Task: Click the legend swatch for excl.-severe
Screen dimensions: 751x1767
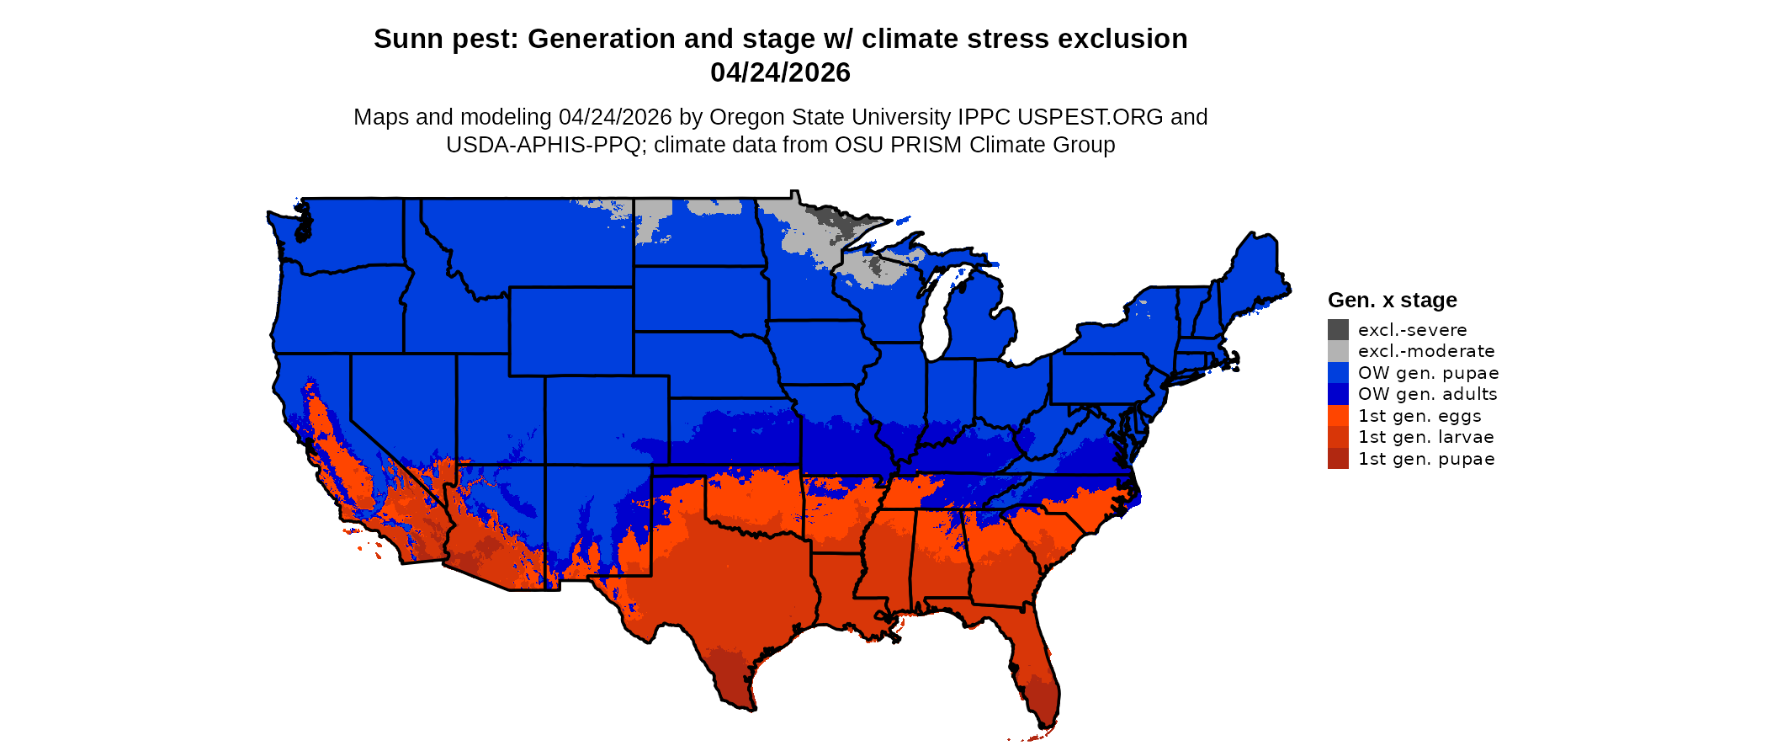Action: tap(1338, 330)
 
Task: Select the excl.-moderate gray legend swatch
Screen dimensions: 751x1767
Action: tap(1338, 351)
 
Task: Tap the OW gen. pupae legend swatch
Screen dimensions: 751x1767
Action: tap(1338, 373)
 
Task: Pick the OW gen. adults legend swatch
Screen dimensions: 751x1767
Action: tap(1338, 394)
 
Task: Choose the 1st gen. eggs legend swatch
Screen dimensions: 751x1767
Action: tap(1338, 416)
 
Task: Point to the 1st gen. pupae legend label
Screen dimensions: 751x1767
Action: tap(1425, 459)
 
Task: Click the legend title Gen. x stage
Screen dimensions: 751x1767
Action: tap(1392, 301)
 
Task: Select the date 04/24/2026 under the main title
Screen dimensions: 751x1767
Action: tap(780, 73)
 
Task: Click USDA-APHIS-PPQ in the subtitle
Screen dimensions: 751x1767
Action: tap(544, 145)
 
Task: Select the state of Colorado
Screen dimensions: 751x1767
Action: tap(607, 419)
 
